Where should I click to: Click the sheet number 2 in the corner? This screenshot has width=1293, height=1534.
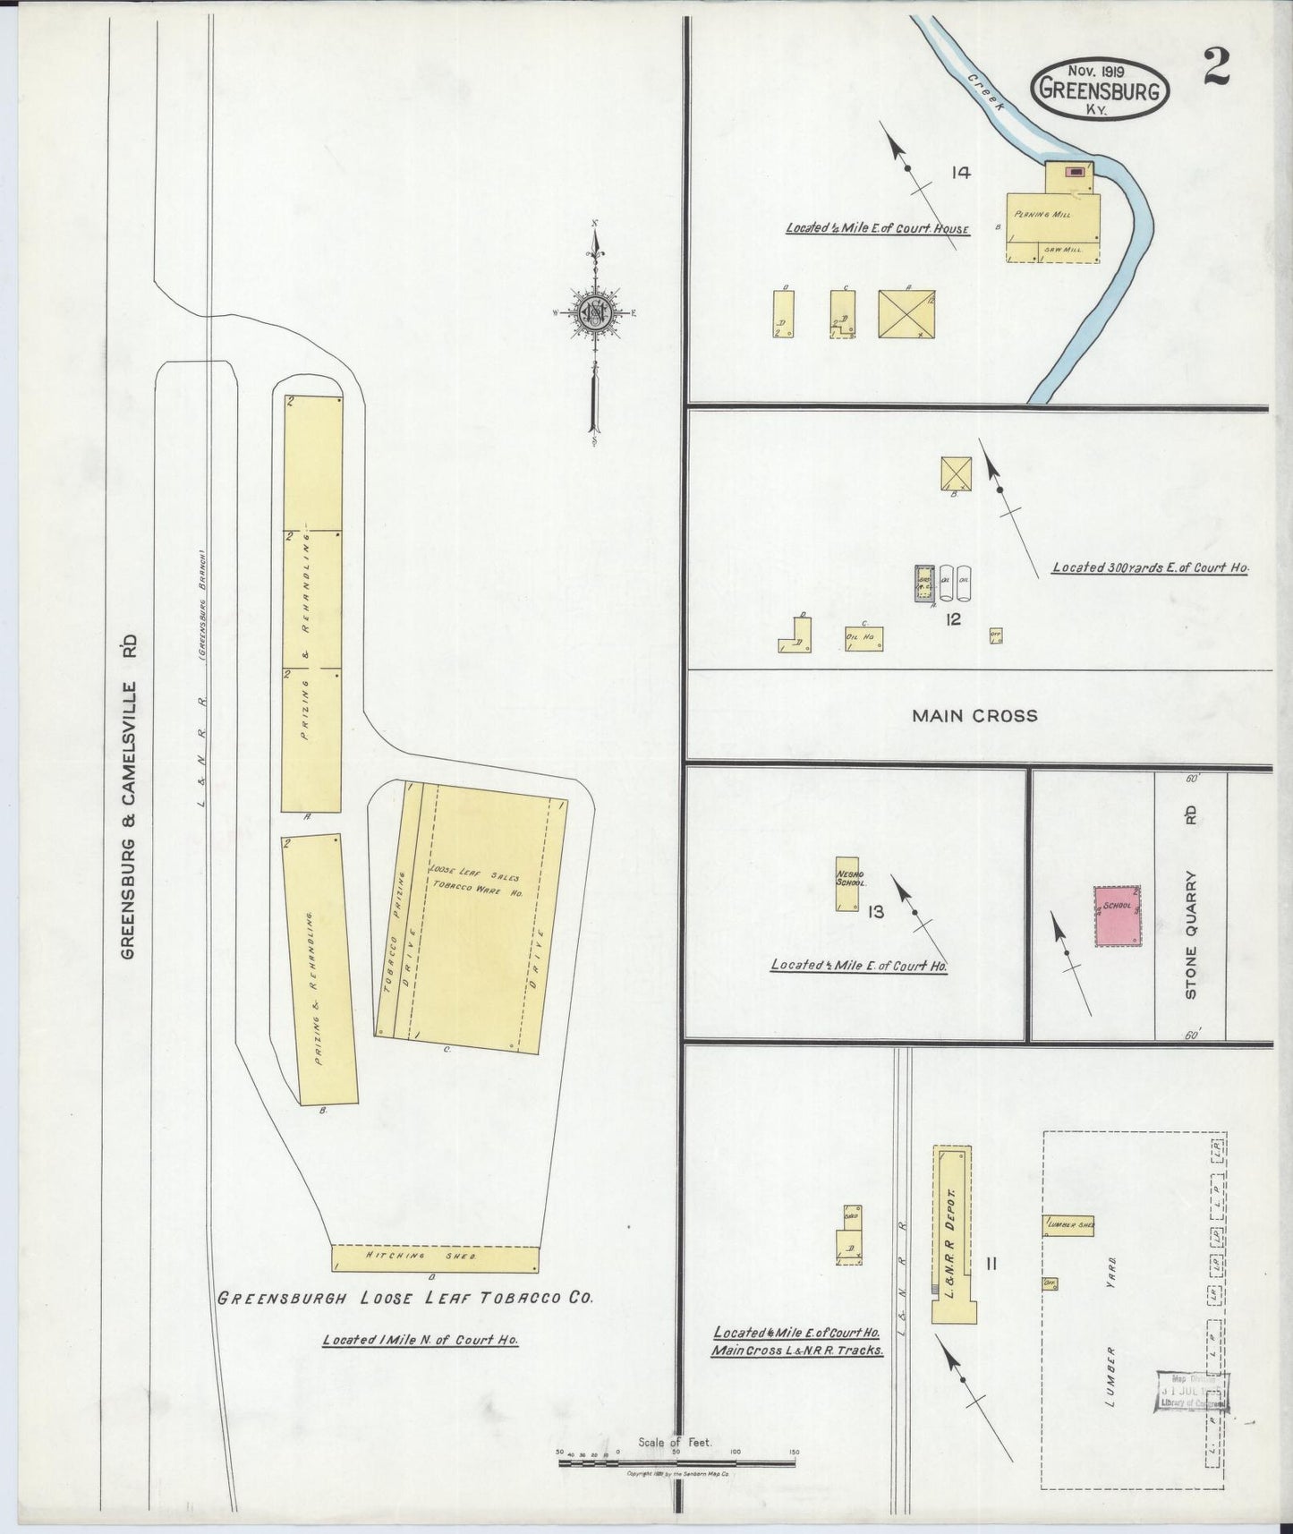[x=1215, y=66]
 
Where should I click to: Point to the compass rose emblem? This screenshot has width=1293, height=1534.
[x=594, y=312]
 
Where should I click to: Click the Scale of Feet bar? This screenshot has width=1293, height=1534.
[x=676, y=1463]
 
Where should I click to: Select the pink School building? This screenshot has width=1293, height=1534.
[x=1117, y=916]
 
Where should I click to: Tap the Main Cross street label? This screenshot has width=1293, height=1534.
[x=974, y=716]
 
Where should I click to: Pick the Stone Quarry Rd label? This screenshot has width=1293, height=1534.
[x=1191, y=904]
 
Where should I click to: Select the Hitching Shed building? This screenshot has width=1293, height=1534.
[x=435, y=1257]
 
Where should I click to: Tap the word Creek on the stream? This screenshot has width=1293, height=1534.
[x=987, y=92]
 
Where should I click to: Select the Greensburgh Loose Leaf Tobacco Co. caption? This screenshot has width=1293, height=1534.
[x=405, y=1298]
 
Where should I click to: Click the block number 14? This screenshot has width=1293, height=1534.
[x=960, y=173]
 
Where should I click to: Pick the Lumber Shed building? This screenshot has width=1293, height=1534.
[x=1068, y=1225]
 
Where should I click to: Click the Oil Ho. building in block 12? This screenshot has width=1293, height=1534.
[x=863, y=637]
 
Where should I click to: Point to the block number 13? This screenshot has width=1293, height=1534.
[x=875, y=912]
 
